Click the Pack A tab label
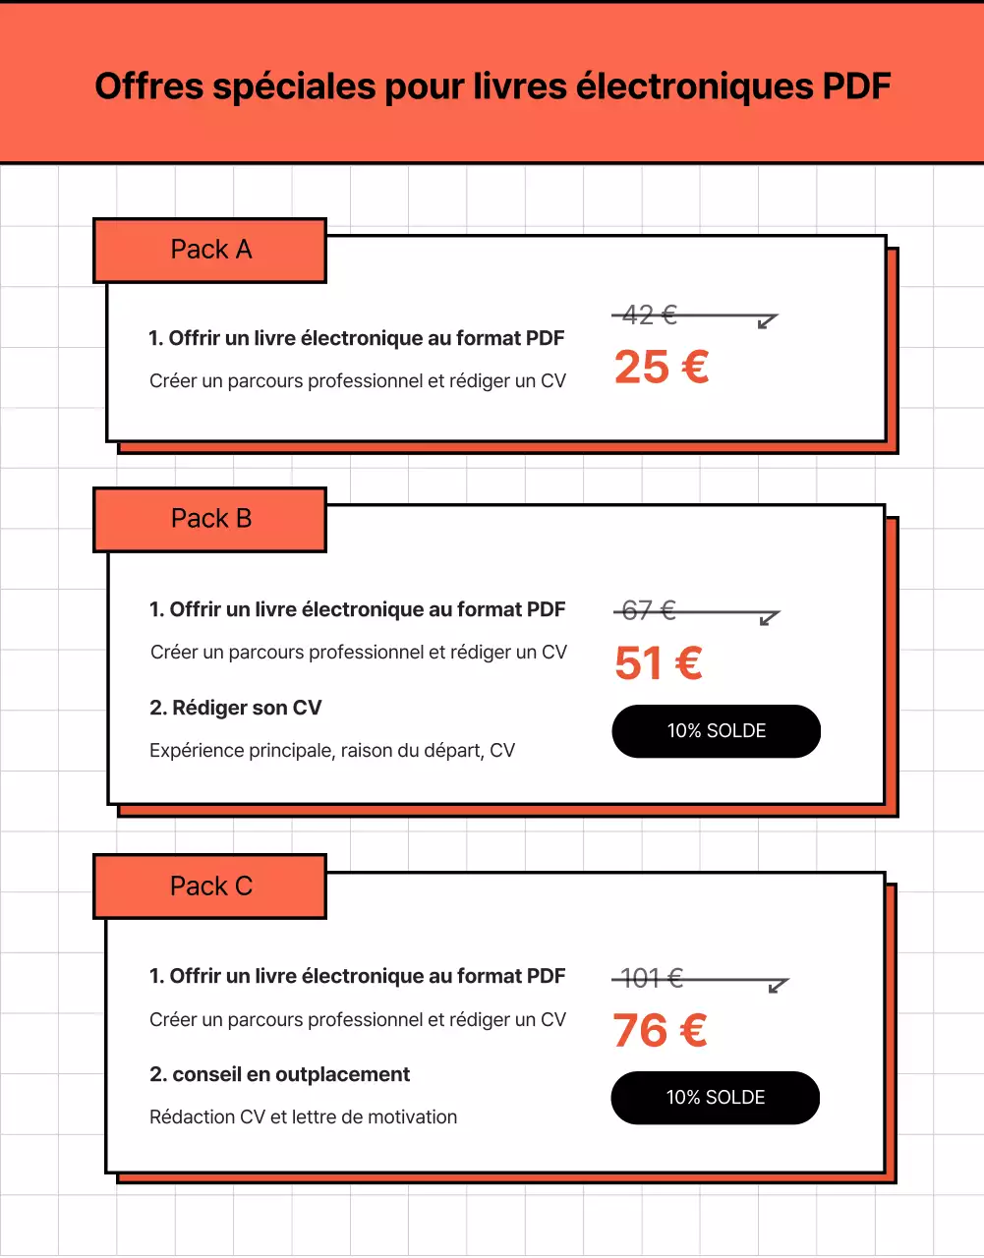[x=210, y=250]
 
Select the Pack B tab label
[x=210, y=519]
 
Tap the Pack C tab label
[x=210, y=886]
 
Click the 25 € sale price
[x=661, y=368]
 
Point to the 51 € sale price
[x=658, y=663]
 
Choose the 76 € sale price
[x=660, y=1031]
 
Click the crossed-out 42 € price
[x=650, y=314]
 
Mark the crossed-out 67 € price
[x=649, y=610]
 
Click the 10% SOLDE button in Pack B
[x=716, y=731]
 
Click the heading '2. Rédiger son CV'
[x=235, y=708]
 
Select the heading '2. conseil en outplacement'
[x=279, y=1074]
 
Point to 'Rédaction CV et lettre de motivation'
[x=303, y=1116]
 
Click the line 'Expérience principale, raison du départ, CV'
[x=331, y=751]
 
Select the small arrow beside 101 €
[x=778, y=985]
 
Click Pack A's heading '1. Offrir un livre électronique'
[x=356, y=338]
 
